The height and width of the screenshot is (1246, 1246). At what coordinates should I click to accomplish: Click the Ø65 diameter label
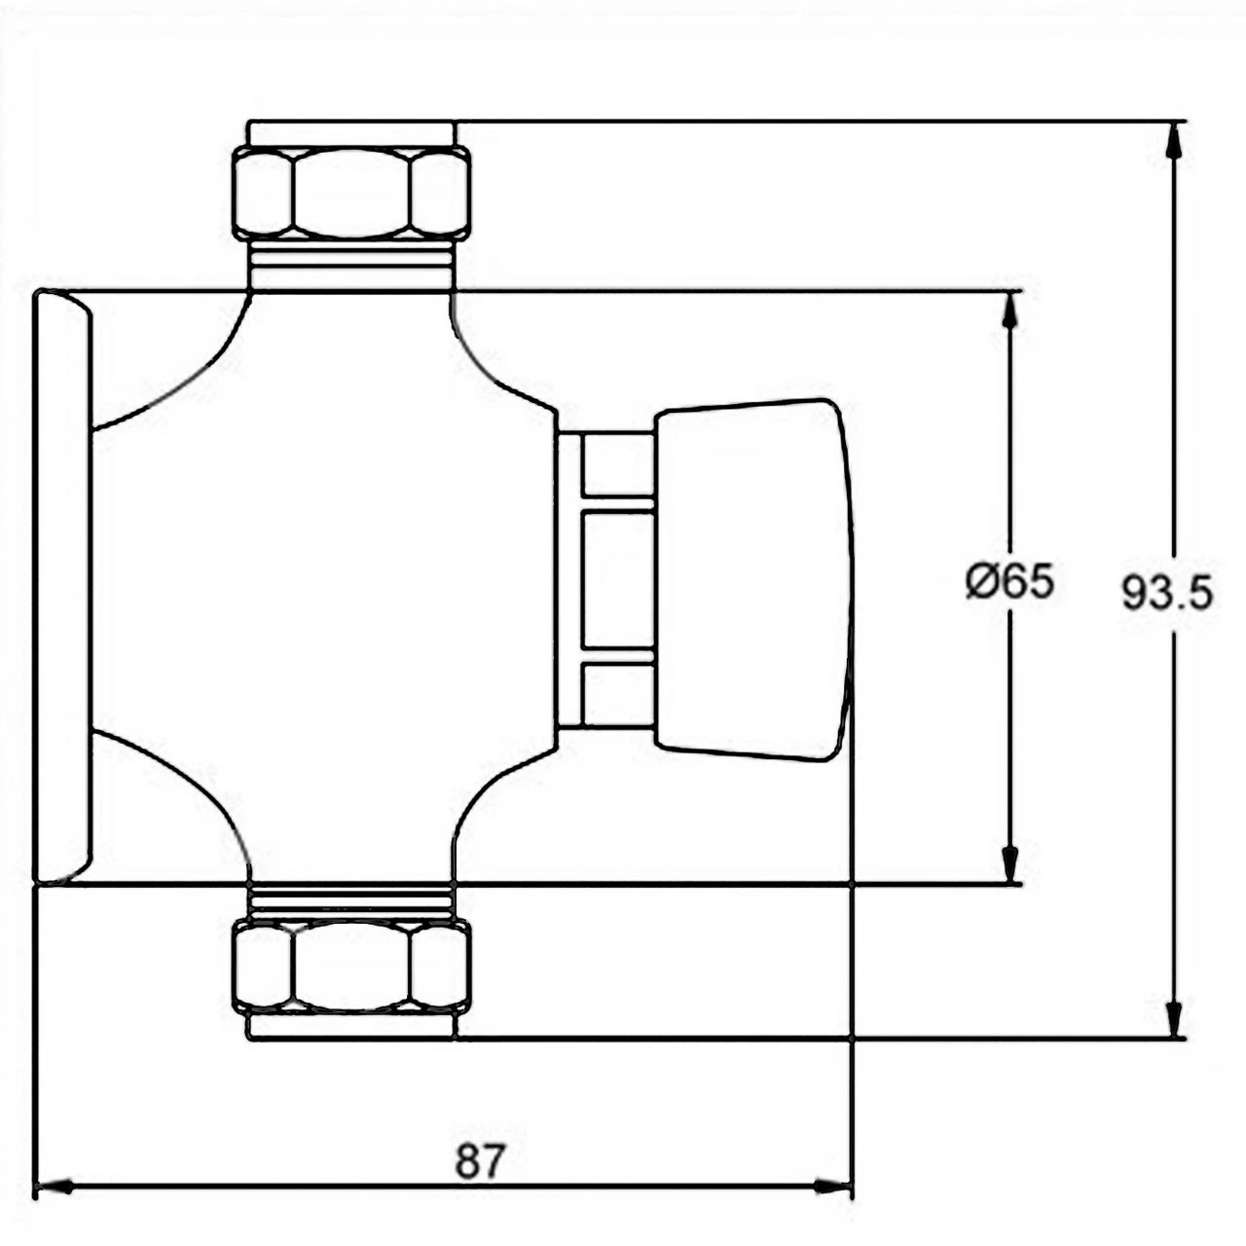1008,583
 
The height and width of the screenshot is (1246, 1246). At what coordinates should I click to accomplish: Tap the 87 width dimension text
481,1160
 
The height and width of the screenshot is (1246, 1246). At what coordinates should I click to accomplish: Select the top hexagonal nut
351,193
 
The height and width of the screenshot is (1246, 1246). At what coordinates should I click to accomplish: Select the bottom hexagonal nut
351,967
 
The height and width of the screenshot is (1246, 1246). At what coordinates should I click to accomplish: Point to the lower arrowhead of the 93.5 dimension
1175,1017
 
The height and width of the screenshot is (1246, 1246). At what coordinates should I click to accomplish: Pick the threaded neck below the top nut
351,265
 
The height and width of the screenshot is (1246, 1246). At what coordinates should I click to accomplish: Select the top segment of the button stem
617,464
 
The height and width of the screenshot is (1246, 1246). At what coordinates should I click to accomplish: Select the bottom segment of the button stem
617,694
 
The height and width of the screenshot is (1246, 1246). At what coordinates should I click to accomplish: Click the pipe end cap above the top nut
351,133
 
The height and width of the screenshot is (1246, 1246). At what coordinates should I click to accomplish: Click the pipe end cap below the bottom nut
351,1027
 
